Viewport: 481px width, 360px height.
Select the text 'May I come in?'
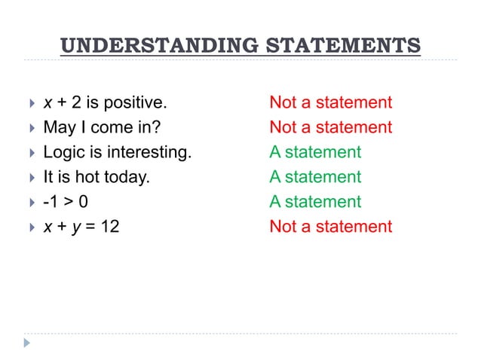coord(102,127)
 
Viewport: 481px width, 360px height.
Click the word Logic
coord(63,152)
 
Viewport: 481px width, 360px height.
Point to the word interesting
coord(149,152)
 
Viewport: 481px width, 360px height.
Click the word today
coord(129,177)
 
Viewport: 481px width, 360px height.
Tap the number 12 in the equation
coord(109,227)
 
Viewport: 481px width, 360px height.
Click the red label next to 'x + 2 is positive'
coord(331,102)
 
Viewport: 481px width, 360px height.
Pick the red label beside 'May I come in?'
coord(331,127)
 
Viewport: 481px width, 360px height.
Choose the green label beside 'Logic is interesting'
coord(315,152)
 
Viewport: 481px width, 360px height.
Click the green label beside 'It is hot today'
coord(315,177)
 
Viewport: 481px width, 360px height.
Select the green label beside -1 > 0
coord(315,202)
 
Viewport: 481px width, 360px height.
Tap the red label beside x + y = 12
coord(331,227)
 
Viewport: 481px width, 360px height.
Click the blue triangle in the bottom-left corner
coord(29,343)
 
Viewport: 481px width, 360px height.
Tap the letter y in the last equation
coord(77,227)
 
